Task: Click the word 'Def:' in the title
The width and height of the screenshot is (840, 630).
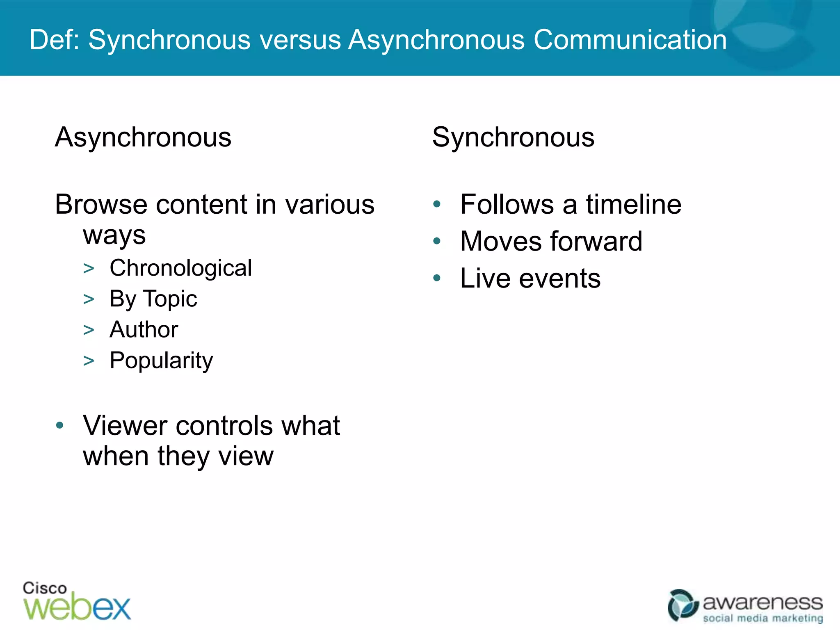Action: [55, 40]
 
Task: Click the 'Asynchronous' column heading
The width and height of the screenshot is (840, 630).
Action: [143, 137]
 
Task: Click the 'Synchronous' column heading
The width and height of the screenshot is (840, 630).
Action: [513, 137]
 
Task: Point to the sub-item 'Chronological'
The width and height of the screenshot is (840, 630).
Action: [180, 268]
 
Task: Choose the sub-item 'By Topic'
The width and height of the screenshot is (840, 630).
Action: [153, 299]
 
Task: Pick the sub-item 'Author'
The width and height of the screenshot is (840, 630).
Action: [144, 329]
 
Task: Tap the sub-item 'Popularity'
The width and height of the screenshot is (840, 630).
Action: [161, 361]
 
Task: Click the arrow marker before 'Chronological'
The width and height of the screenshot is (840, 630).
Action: [89, 269]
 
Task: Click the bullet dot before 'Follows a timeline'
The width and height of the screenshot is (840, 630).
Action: [437, 204]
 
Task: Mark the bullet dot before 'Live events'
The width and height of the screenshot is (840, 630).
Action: [437, 278]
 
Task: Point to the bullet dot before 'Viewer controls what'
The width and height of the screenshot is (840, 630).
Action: [60, 425]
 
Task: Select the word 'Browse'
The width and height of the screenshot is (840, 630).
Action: [101, 204]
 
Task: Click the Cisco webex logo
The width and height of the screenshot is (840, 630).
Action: [77, 601]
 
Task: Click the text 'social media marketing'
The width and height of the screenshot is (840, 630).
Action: [763, 618]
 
